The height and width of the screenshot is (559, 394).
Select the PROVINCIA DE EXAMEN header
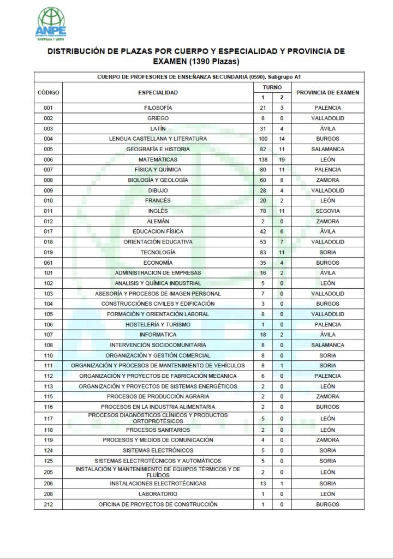point(327,92)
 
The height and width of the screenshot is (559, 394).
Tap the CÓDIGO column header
point(49,92)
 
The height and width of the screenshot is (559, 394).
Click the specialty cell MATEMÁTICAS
point(158,159)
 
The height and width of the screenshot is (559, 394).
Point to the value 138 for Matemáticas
point(263,159)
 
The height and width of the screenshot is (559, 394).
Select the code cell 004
point(49,139)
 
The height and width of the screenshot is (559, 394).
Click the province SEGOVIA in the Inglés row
point(327,211)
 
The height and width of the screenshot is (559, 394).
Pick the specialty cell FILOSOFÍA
point(158,108)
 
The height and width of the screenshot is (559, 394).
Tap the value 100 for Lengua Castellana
point(263,139)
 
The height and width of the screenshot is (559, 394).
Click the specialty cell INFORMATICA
point(158,335)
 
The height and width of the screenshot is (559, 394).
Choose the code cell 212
point(49,504)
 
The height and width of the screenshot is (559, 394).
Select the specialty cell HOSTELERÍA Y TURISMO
point(158,324)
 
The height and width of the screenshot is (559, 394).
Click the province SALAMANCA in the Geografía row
point(327,149)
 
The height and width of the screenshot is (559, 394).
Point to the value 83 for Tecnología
point(263,252)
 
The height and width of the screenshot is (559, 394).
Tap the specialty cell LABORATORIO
point(158,494)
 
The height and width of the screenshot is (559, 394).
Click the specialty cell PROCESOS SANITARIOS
point(158,430)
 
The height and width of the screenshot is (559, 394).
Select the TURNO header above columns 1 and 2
point(272,87)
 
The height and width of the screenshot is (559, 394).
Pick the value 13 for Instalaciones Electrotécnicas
point(263,484)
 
